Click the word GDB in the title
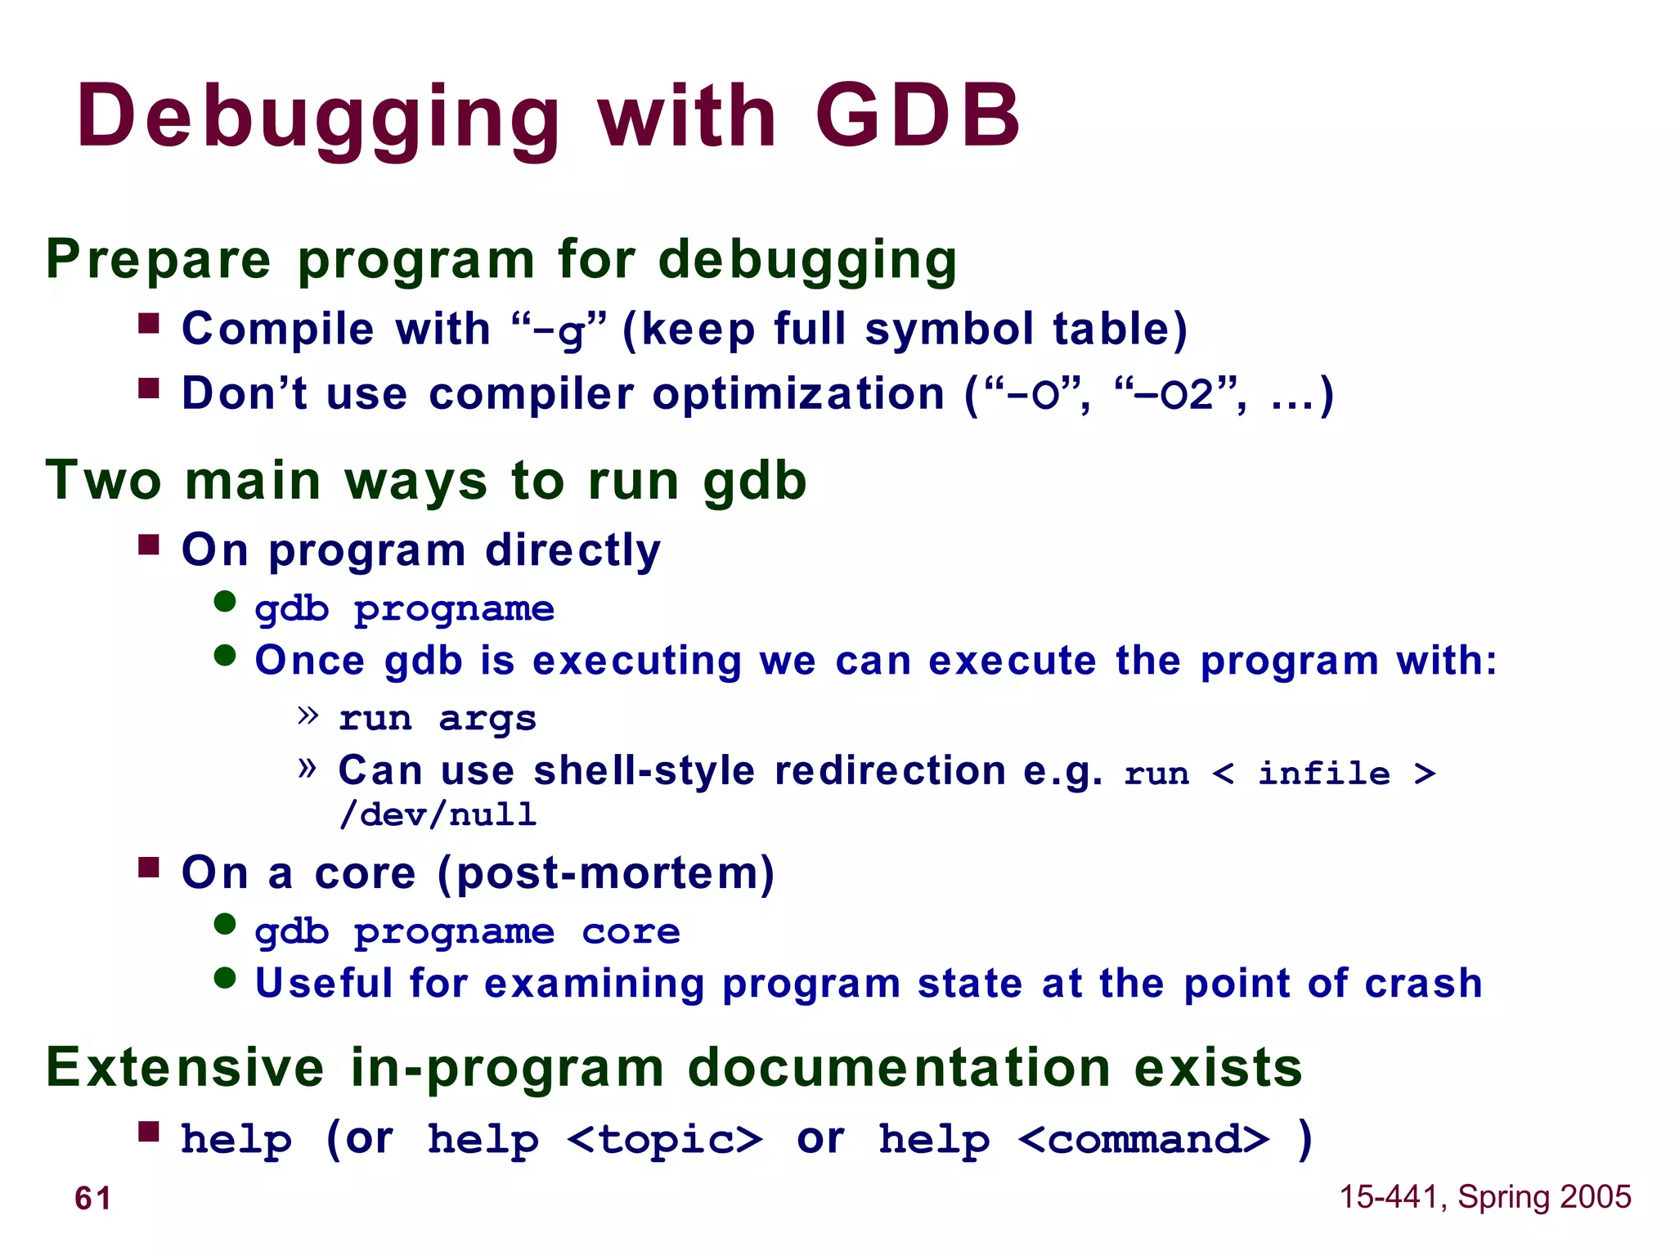pyautogui.click(x=918, y=116)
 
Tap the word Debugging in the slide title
pyautogui.click(x=319, y=116)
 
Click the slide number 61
pyautogui.click(x=92, y=1198)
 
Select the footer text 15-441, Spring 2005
pyautogui.click(x=1484, y=1196)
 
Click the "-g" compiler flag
pyautogui.click(x=559, y=330)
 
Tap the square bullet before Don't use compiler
pyautogui.click(x=149, y=388)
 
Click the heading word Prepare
pyautogui.click(x=158, y=260)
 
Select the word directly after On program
pyautogui.click(x=573, y=549)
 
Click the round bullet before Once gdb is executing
pyautogui.click(x=225, y=656)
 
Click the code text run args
pyautogui.click(x=438, y=718)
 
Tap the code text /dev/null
pyautogui.click(x=438, y=814)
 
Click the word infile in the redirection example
pyautogui.click(x=1323, y=773)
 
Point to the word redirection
pyautogui.click(x=890, y=770)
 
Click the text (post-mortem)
pyautogui.click(x=605, y=873)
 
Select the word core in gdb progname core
pyautogui.click(x=631, y=931)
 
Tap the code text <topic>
pyautogui.click(x=665, y=1139)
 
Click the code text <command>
pyautogui.click(x=1143, y=1139)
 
